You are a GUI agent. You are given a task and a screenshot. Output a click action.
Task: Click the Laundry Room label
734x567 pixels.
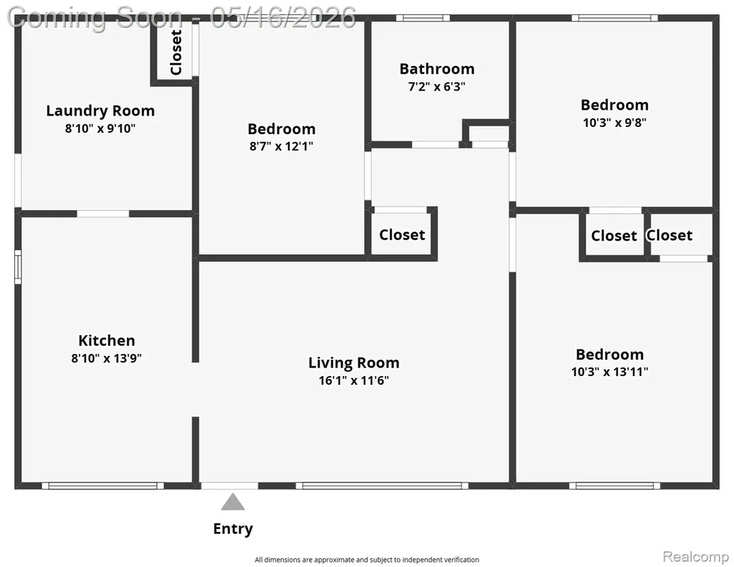click(100, 111)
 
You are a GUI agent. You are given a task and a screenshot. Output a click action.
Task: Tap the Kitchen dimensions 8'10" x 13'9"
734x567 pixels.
click(106, 358)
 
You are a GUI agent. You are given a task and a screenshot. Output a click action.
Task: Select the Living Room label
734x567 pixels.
click(354, 362)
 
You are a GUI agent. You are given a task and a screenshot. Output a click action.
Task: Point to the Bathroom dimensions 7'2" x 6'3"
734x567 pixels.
click(437, 87)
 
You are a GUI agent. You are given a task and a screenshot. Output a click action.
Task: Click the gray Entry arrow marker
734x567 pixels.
click(233, 502)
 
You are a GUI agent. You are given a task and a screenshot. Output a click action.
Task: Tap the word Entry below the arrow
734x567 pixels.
click(233, 528)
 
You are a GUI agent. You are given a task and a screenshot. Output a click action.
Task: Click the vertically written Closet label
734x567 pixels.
click(176, 52)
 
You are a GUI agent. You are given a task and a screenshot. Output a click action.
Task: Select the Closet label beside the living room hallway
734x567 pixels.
click(402, 234)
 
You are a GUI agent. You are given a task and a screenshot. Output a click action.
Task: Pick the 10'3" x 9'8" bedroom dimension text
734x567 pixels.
click(614, 123)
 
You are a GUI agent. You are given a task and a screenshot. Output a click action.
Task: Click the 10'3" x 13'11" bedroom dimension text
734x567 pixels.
click(609, 372)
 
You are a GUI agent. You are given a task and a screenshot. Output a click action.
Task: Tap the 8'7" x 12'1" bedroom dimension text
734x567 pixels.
click(281, 146)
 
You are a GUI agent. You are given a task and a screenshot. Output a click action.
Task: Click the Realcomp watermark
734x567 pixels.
click(695, 557)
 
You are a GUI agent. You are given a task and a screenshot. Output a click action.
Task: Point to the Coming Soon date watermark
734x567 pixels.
click(181, 18)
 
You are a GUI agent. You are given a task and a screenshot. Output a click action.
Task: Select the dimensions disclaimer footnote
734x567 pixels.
click(366, 560)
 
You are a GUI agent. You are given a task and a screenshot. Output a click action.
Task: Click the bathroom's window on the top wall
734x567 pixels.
click(423, 18)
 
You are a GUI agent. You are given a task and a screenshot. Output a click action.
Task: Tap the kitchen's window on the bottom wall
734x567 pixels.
click(103, 486)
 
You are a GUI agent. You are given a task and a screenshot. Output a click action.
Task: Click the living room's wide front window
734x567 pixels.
click(382, 486)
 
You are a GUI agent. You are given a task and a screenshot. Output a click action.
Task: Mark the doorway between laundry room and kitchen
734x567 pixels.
click(103, 214)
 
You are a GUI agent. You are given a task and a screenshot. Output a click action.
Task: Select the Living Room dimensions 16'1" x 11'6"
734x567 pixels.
click(354, 380)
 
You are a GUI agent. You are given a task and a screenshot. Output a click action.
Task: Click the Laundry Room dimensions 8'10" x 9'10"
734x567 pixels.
click(100, 128)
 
